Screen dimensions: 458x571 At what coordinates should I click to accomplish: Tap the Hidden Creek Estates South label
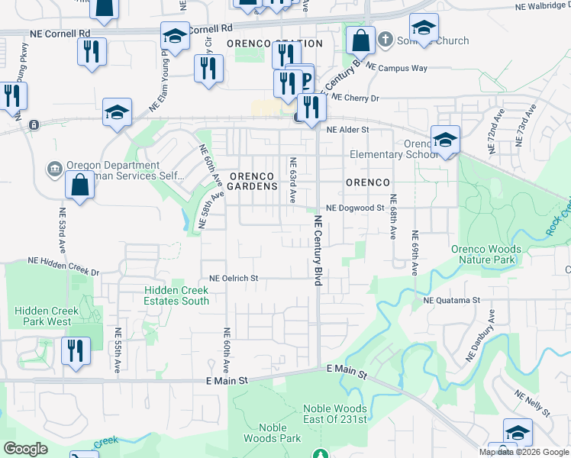tap(176, 295)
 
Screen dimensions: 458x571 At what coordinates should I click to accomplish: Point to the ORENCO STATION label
tap(279, 44)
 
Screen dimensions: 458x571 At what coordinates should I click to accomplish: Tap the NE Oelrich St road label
tap(234, 279)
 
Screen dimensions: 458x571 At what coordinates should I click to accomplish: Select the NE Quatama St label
tap(451, 301)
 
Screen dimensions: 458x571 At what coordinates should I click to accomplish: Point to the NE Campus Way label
tap(397, 68)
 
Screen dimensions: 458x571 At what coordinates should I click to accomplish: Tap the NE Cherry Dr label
tap(356, 98)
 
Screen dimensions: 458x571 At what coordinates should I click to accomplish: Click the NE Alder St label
tap(347, 130)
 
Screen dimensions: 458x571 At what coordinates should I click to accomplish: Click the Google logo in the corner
tap(25, 449)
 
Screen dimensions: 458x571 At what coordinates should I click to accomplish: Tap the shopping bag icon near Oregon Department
tap(80, 184)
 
